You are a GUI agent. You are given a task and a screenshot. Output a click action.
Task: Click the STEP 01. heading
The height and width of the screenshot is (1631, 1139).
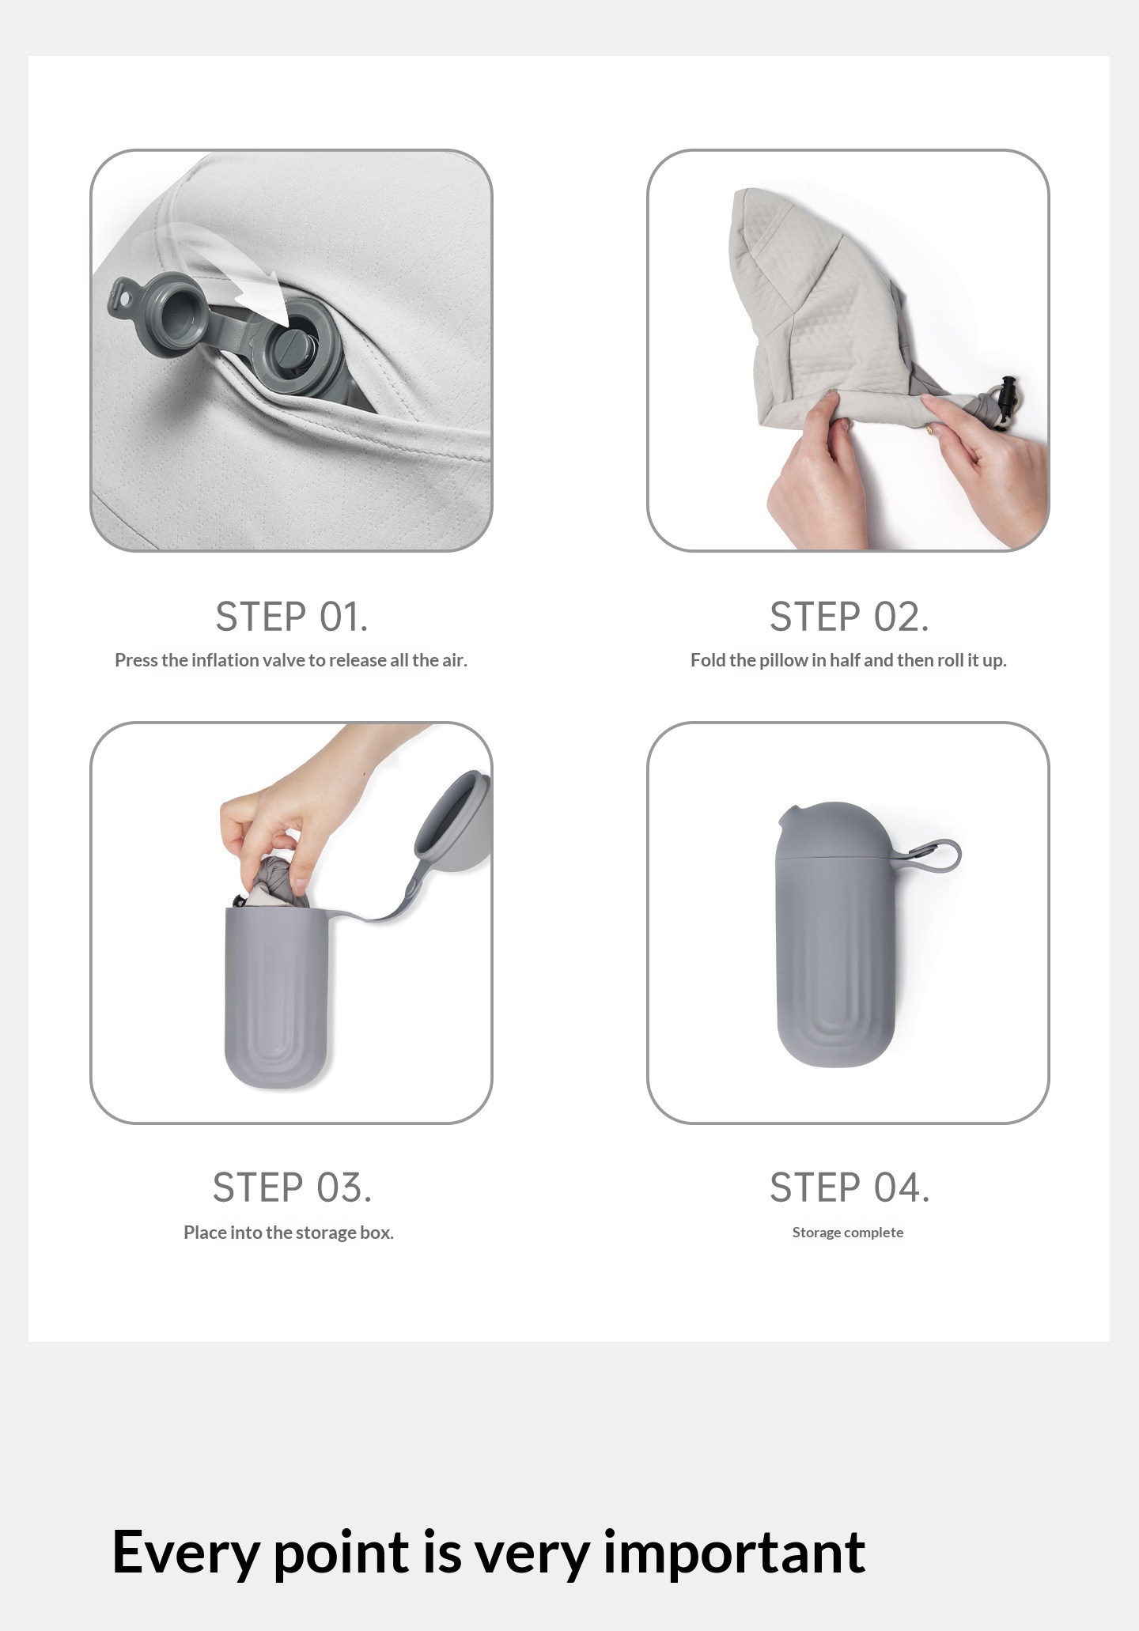292,617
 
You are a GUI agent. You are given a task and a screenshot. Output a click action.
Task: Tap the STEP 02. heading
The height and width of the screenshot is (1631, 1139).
850,617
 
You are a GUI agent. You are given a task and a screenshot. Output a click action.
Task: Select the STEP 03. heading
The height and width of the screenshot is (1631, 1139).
292,1187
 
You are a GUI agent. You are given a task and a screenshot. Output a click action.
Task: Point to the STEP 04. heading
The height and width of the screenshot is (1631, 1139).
850,1187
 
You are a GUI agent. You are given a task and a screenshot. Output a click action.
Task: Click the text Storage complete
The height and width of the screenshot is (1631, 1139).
848,1232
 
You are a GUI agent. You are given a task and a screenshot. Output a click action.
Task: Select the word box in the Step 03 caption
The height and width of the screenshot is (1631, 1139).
377,1232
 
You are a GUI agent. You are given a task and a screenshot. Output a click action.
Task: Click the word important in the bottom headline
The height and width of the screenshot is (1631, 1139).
734,1553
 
